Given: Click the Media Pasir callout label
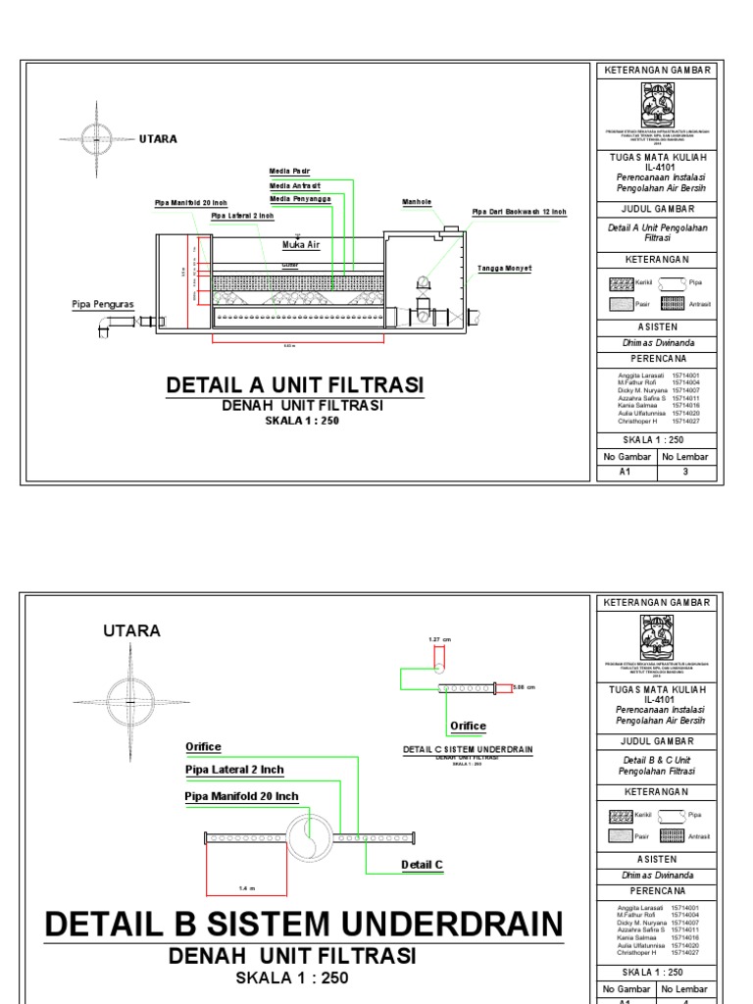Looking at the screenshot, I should click(x=289, y=172).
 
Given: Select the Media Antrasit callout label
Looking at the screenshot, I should click(x=294, y=185).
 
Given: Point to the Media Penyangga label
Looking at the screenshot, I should click(x=300, y=199).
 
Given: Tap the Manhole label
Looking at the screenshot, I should click(x=417, y=203).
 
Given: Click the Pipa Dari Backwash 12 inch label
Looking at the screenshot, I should click(x=519, y=212).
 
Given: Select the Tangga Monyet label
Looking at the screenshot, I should click(x=504, y=268).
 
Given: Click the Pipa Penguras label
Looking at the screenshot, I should click(x=101, y=304).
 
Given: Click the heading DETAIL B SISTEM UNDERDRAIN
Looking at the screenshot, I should click(x=305, y=924).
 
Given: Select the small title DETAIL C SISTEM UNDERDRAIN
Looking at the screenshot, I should click(x=468, y=749).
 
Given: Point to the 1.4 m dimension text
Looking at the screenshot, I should click(x=247, y=888).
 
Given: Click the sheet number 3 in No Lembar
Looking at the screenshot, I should click(x=685, y=472).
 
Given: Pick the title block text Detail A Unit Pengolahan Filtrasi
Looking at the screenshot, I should click(x=657, y=232).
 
